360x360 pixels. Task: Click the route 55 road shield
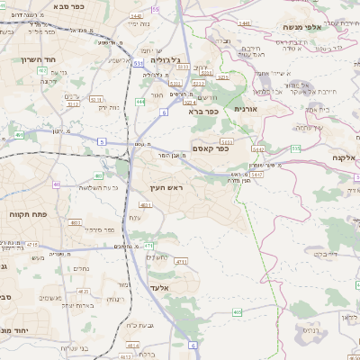[155, 9]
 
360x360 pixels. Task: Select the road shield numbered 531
[138, 65]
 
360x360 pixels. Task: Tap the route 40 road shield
[56, 184]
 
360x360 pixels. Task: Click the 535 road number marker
[296, 148]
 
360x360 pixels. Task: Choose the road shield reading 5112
[95, 100]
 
